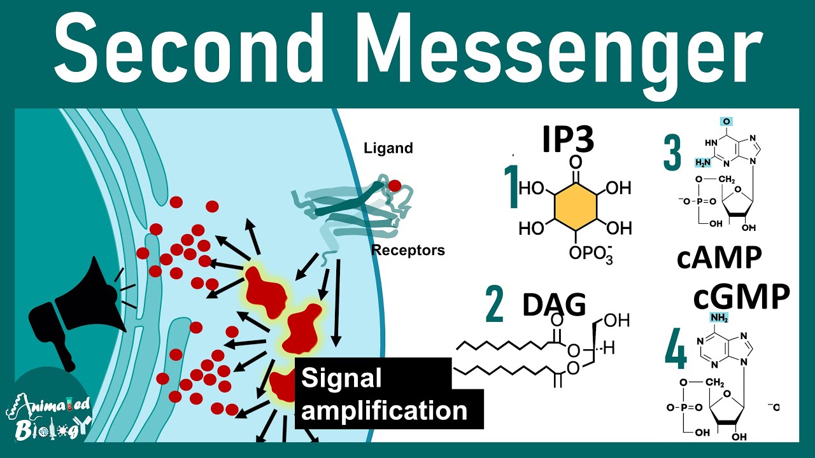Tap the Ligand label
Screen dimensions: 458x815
point(388,148)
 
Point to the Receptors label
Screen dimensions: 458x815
point(408,250)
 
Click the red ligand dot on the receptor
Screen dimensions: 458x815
point(395,186)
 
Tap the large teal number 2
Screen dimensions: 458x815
point(494,306)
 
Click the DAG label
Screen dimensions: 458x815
point(554,305)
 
